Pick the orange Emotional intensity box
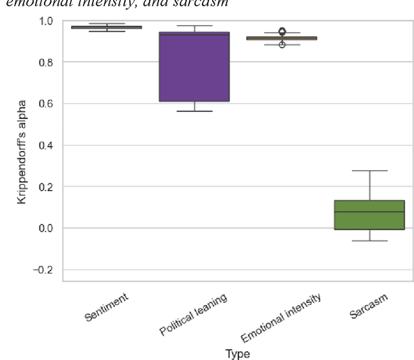coord(281,38)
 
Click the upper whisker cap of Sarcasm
coord(369,171)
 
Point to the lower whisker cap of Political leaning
coord(194,111)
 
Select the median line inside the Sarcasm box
coord(369,212)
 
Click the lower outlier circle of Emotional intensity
coord(282,45)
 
